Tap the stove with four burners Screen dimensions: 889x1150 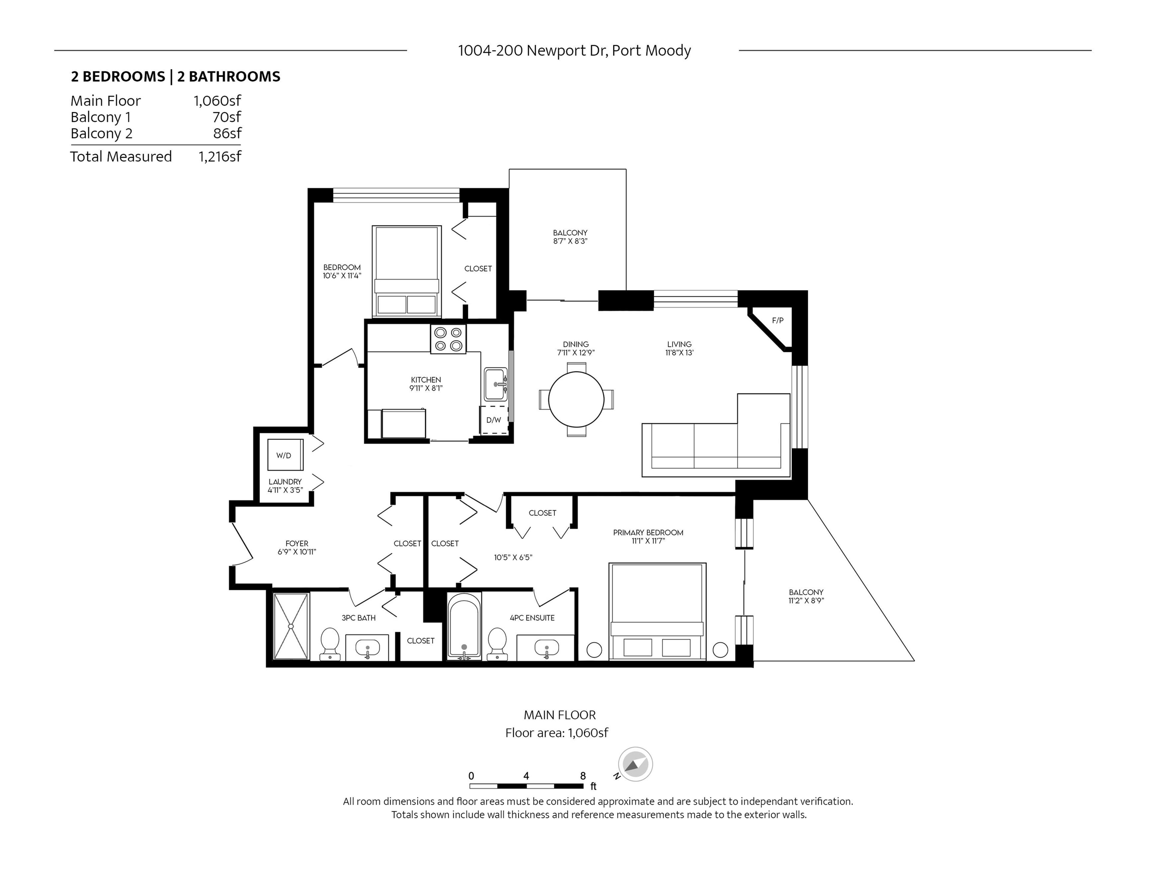[448, 339]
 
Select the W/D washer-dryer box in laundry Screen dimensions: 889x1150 [285, 454]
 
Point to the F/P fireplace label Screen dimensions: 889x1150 [777, 320]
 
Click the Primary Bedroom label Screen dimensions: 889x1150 [648, 533]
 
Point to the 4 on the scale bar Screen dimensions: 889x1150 [526, 776]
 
